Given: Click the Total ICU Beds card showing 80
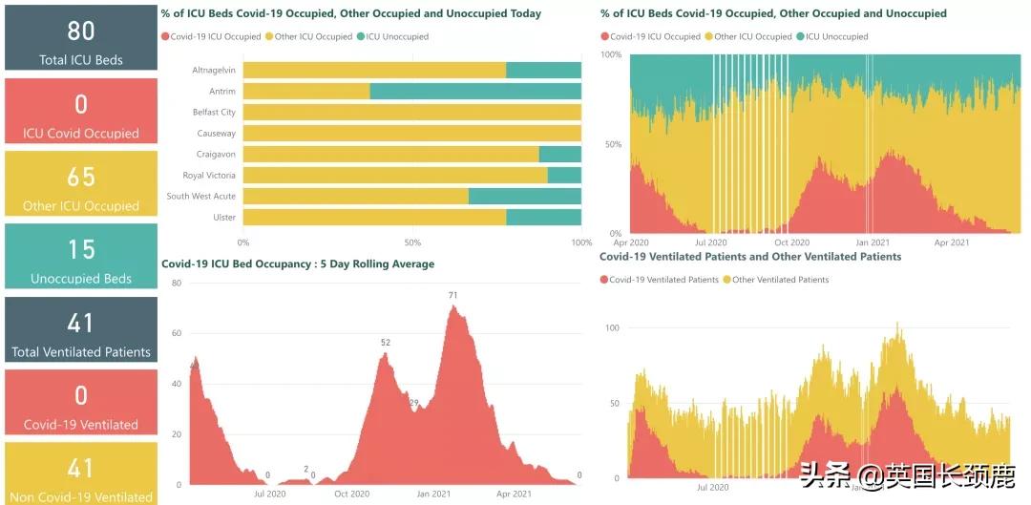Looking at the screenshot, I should [80, 38].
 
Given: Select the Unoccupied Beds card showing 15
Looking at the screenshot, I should [80, 256].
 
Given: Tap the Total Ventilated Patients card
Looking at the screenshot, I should [80, 329].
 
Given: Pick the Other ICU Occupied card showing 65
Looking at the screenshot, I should [80, 183].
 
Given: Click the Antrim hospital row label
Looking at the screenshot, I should [221, 92].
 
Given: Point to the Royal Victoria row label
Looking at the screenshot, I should [209, 176].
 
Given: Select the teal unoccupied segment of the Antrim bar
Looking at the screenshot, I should [475, 92].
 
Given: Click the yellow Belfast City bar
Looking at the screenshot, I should [412, 113].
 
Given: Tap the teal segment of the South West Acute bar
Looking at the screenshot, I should [525, 197].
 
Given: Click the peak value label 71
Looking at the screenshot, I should [452, 295].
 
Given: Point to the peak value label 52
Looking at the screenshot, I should [386, 343].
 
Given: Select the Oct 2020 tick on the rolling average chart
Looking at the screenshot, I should [352, 494].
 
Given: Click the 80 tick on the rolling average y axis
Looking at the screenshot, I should [176, 284].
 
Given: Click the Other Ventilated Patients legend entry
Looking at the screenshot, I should [780, 280].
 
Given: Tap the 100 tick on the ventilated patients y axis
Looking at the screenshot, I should [612, 328].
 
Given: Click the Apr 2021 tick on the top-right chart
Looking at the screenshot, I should [951, 242].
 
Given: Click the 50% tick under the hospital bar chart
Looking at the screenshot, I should [412, 242].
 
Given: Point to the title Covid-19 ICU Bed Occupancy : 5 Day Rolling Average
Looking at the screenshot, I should [298, 264].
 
